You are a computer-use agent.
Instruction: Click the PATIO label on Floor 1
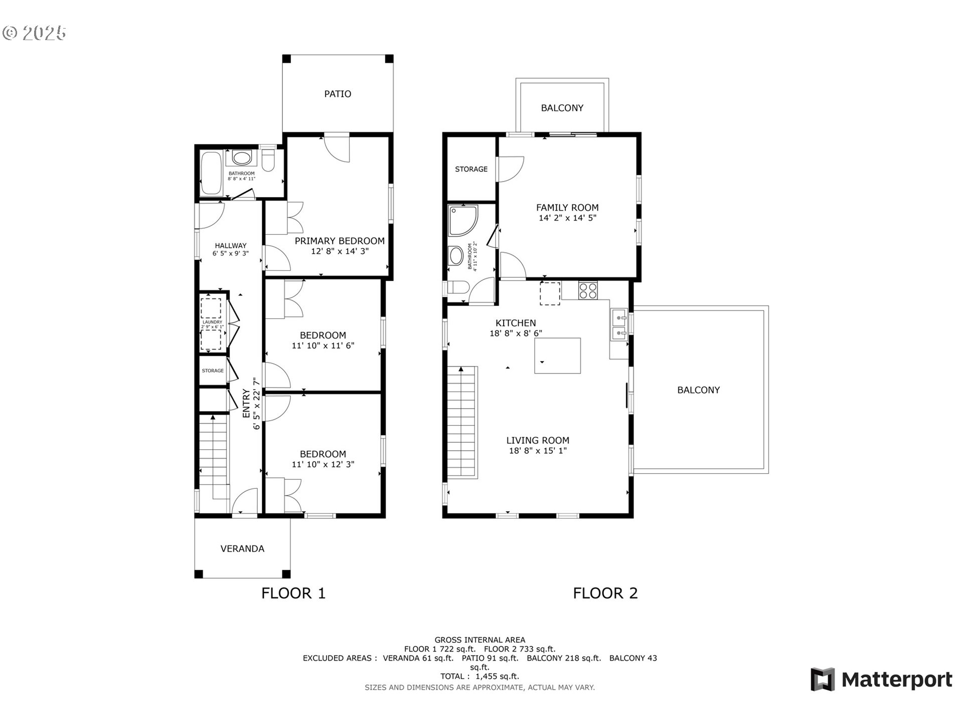pos(338,94)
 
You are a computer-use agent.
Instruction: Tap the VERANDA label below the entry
pos(242,549)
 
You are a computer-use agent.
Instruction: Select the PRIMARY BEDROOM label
pos(340,241)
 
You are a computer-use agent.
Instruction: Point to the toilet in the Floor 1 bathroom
pos(268,160)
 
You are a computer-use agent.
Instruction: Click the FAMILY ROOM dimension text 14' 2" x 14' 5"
pos(567,218)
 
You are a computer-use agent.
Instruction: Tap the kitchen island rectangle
pos(557,355)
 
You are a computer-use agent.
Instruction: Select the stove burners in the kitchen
pos(588,290)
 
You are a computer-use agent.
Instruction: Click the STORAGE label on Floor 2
pos(471,169)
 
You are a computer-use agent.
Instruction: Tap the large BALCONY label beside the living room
pos(698,390)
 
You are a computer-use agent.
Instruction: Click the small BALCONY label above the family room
pos(562,108)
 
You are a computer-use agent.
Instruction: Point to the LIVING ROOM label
pos(537,440)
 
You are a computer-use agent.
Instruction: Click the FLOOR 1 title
pos(293,593)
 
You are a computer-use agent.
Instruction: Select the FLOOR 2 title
pos(605,593)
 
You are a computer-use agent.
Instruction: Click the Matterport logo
pos(881,679)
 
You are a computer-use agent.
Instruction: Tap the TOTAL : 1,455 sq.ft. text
pos(479,676)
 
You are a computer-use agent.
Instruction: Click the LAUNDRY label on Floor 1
pos(212,322)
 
